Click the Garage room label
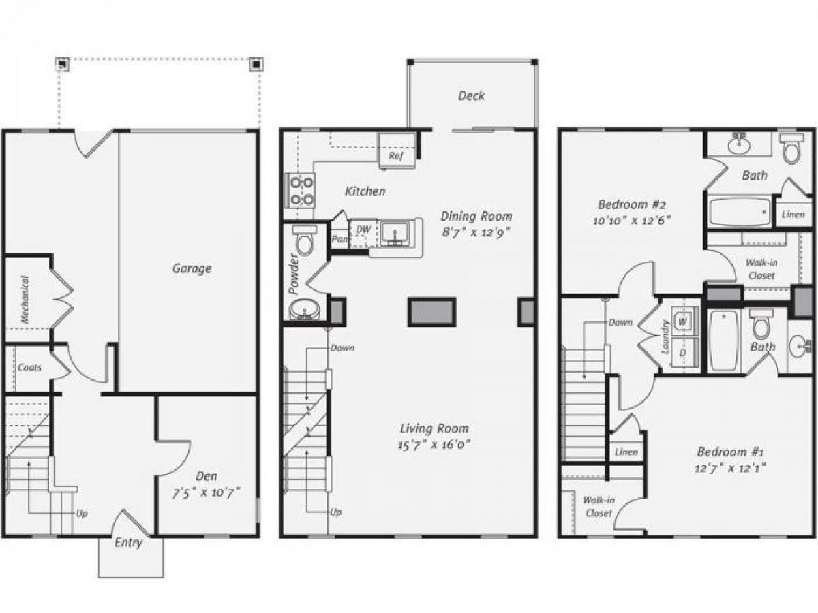point(191,268)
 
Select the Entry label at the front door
point(129,543)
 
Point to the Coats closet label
point(29,367)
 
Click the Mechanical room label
point(25,299)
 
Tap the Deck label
point(471,95)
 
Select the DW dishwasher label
point(363,230)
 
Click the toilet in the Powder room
point(304,241)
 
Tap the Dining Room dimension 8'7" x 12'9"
point(476,232)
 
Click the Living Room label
point(434,428)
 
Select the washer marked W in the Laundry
point(682,319)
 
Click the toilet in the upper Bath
point(791,149)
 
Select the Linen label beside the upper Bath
point(793,215)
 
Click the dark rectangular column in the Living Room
point(431,312)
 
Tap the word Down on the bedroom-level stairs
point(620,322)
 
